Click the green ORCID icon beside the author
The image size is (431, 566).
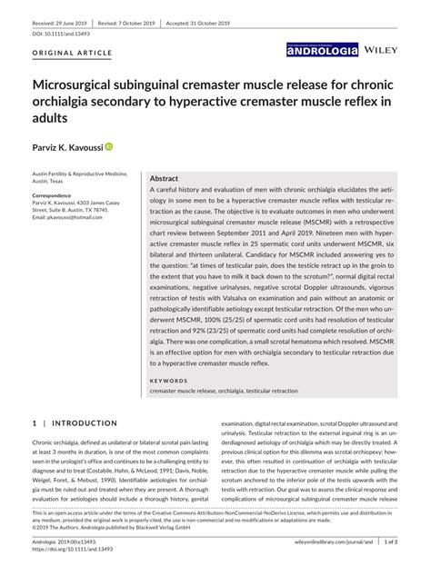(108, 146)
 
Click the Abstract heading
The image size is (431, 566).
(164, 179)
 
